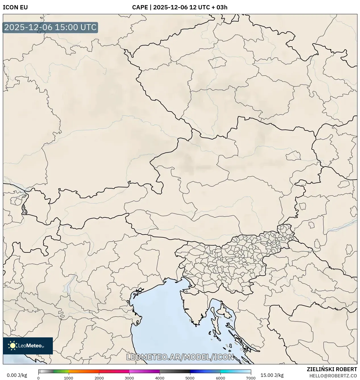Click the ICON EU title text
[15, 7]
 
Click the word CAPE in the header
[140, 7]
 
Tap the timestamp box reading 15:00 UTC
[50, 27]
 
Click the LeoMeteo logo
[28, 346]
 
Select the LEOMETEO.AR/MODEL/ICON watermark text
[180, 357]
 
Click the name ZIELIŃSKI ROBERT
[332, 369]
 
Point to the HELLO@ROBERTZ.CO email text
[333, 376]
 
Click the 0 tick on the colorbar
[38, 378]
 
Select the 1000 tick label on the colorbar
[68, 378]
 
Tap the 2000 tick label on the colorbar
[99, 378]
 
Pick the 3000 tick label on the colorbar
[129, 378]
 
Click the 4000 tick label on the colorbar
[160, 378]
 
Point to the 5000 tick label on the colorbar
[190, 378]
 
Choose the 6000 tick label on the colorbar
[220, 378]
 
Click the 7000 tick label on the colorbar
[251, 378]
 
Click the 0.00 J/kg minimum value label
[17, 375]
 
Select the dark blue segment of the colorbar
[200, 371]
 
